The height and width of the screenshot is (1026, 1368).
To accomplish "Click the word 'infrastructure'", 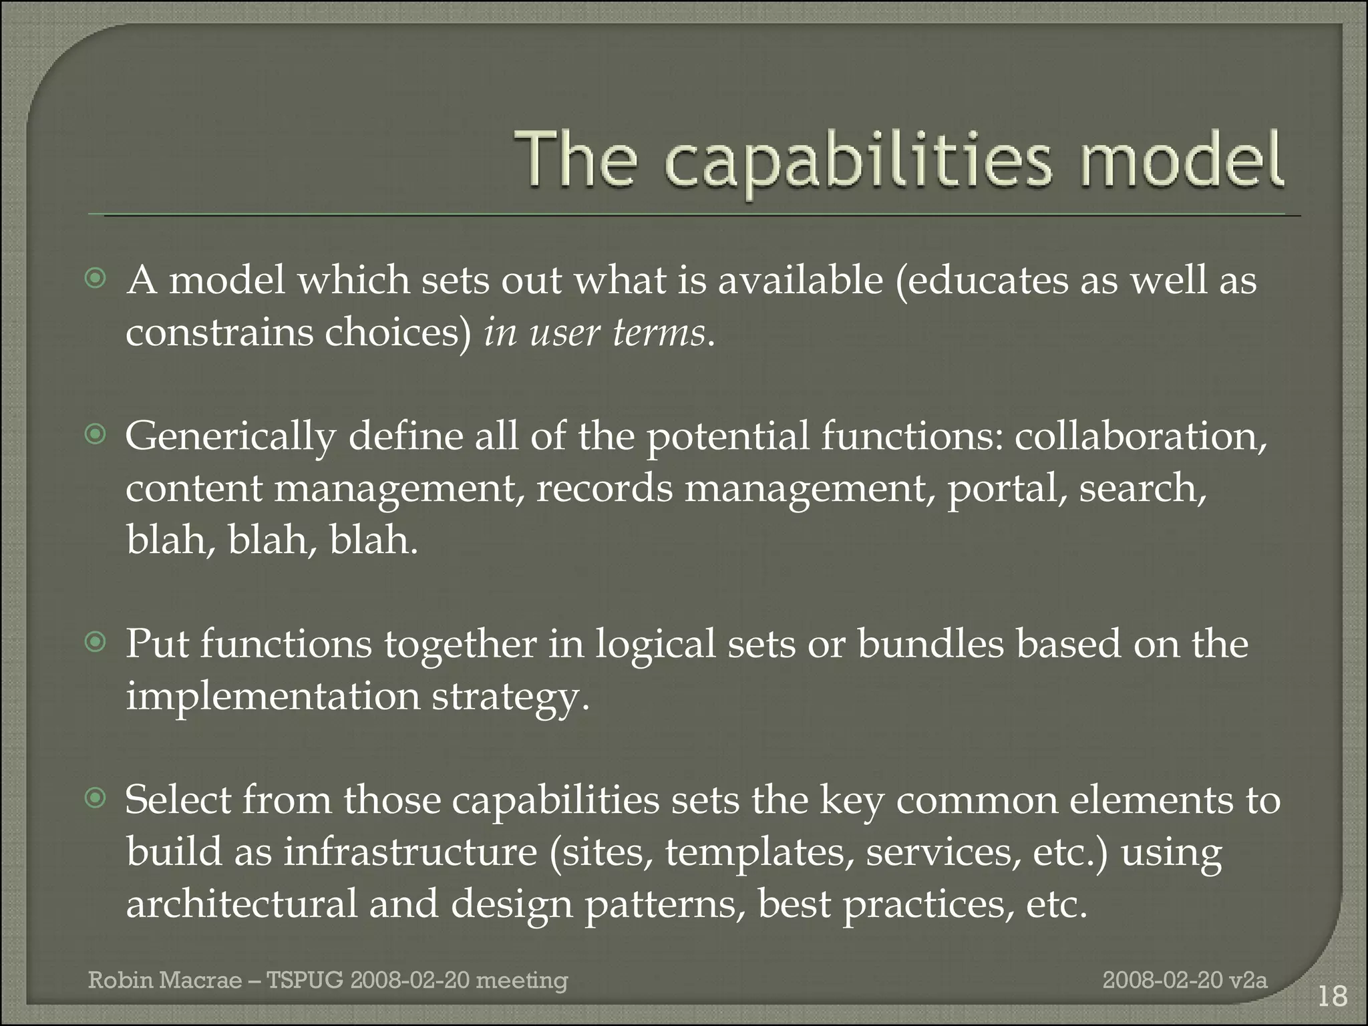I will pyautogui.click(x=410, y=852).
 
